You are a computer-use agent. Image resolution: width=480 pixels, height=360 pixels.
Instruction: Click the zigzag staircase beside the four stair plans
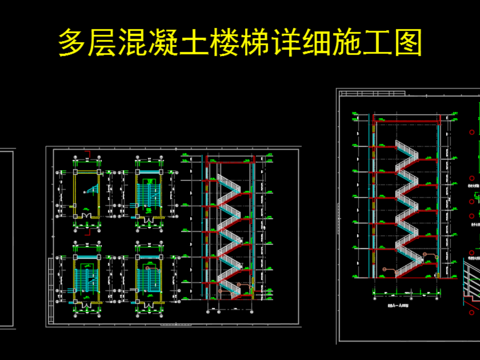[231, 230]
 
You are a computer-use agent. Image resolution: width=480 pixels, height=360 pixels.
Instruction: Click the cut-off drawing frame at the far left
[6, 240]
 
